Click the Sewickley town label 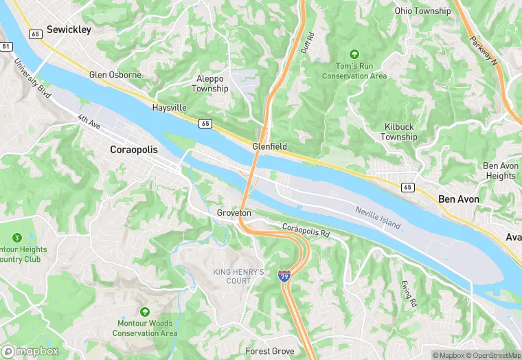click(x=69, y=30)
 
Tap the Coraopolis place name click(x=134, y=149)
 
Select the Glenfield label click(x=269, y=147)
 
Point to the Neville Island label click(x=378, y=216)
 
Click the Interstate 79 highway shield click(x=284, y=275)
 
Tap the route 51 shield click(x=6, y=46)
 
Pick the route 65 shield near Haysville click(x=205, y=123)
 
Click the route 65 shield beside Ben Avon click(x=408, y=187)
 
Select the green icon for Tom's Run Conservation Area click(x=354, y=54)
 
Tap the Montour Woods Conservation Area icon click(x=144, y=312)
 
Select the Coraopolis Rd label click(x=306, y=229)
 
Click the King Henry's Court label click(x=238, y=277)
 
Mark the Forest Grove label click(x=270, y=351)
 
